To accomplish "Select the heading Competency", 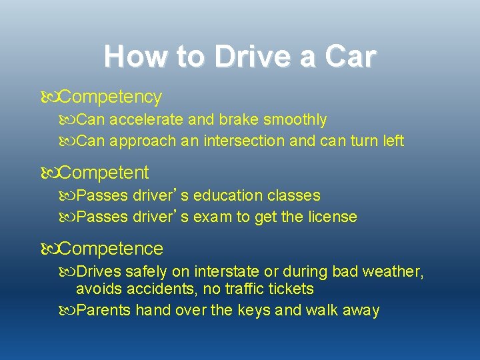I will pyautogui.click(x=110, y=97).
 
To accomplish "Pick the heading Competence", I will pyautogui.click(x=111, y=249).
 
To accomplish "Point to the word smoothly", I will pyautogui.click(x=295, y=120).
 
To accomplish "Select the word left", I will pyautogui.click(x=391, y=141).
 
